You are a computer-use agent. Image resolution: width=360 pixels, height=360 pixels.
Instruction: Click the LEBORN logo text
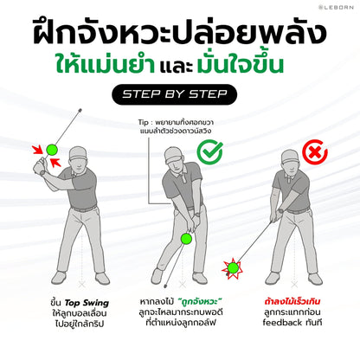point(336,7)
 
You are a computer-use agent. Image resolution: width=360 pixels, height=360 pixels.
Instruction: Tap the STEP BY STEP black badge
point(175,94)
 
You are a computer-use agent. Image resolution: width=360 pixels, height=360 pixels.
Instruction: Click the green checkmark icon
point(210,151)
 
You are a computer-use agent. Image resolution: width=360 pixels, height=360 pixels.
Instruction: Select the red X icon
point(315,152)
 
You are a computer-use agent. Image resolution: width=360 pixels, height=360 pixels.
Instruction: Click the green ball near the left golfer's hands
point(52,150)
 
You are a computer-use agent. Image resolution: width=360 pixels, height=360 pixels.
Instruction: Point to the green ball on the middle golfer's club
point(186,239)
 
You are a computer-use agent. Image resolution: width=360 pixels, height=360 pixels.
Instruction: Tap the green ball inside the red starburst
point(233,268)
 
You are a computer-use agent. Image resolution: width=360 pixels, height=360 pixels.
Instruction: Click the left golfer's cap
point(78,153)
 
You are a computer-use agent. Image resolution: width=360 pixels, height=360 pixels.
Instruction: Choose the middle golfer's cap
point(173,155)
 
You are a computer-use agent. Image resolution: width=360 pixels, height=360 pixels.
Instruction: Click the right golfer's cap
point(290,156)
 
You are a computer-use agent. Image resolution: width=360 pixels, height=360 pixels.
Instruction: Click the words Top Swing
point(87,303)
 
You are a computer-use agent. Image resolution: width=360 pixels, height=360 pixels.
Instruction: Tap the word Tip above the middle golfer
point(144,122)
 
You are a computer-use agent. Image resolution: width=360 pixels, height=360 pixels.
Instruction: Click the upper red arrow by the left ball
point(38,150)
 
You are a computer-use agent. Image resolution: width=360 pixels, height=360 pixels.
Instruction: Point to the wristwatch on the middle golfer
point(197,215)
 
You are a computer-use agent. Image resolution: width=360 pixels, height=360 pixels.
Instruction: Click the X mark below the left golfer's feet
point(82,285)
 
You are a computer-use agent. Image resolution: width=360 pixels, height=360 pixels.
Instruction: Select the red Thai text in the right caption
point(292,302)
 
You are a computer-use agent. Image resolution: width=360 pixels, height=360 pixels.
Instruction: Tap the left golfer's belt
point(84,209)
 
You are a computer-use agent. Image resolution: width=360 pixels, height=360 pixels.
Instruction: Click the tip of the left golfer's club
point(80,110)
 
